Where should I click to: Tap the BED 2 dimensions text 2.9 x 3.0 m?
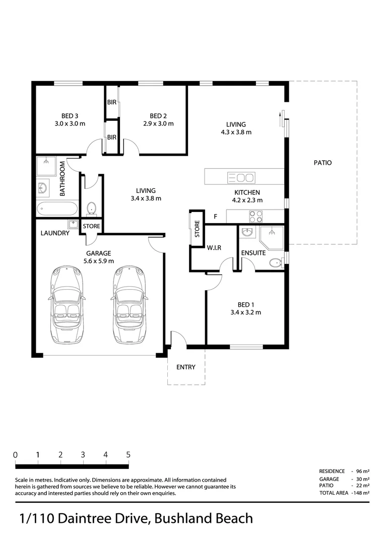pos(158,123)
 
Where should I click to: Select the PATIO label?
pos(323,163)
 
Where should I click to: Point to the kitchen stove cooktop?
pos(256,216)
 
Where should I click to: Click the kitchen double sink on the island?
pos(241,177)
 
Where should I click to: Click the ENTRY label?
pos(185,367)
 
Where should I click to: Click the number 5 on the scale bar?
pos(128,454)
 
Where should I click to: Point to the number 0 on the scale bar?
pos(16,454)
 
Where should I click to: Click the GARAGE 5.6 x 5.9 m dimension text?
pos(99,261)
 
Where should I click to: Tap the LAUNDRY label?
pos(55,233)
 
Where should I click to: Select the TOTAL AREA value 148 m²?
pos(360,493)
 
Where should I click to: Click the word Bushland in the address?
pos(179,518)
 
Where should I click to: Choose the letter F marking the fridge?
pos(215,217)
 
